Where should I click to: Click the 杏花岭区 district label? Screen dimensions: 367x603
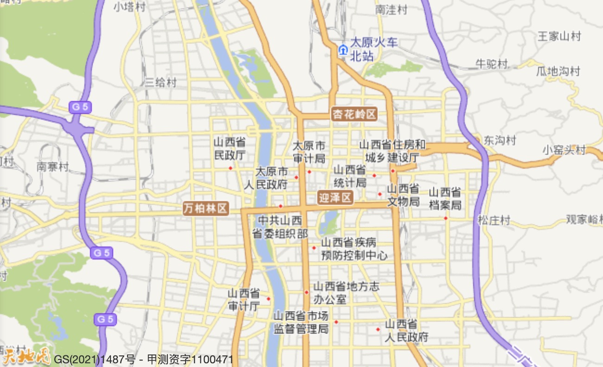tap(354, 114)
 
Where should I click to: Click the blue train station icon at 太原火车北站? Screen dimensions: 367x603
tap(343, 50)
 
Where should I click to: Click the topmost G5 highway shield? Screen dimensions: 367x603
tap(79, 107)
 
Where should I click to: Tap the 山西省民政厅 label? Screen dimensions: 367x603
tap(230, 149)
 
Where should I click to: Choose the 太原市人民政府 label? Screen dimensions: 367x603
tap(266, 178)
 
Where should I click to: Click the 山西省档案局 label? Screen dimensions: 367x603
tap(445, 198)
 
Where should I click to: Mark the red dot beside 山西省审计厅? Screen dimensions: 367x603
tap(269, 298)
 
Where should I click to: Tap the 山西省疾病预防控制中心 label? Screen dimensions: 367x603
tap(354, 249)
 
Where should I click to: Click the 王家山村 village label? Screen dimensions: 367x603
tap(558, 36)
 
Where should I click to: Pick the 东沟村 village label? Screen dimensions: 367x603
tap(500, 140)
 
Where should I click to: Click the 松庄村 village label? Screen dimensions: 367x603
tap(494, 220)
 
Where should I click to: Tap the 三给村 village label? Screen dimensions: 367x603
tap(160, 82)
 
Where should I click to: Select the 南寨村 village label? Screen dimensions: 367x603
tap(52, 167)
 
